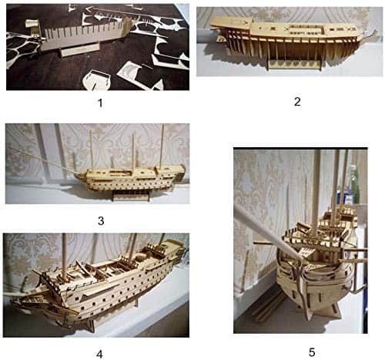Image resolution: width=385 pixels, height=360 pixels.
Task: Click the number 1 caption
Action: (x=100, y=103)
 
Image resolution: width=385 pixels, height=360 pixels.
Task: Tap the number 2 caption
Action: (x=297, y=102)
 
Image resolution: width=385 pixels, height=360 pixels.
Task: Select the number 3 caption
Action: (x=101, y=220)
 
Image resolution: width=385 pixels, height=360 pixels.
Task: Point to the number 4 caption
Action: (x=99, y=355)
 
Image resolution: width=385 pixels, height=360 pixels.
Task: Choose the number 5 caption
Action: (x=312, y=352)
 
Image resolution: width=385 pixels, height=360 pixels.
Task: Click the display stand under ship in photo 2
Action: (x=294, y=63)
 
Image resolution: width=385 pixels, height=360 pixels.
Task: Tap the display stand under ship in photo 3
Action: (x=131, y=196)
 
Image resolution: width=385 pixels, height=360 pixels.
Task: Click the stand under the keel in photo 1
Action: (x=79, y=49)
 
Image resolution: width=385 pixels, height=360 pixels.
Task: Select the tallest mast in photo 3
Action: (x=162, y=146)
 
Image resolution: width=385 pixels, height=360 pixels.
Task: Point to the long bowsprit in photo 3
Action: (x=44, y=161)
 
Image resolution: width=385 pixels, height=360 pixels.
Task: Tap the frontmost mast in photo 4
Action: (x=65, y=256)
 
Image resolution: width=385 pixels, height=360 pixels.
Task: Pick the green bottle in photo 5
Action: (x=356, y=184)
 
